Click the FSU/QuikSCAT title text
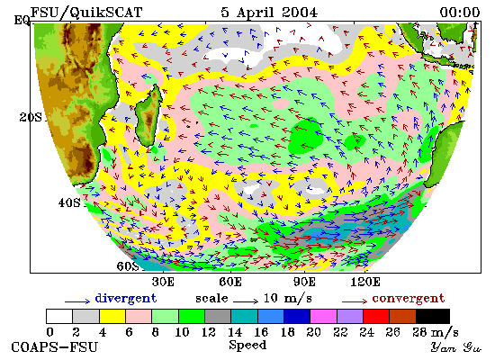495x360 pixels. (86, 13)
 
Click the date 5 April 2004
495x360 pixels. (269, 13)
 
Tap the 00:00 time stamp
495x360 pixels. (460, 13)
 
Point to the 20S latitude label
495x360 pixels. (31, 117)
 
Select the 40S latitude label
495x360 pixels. (69, 202)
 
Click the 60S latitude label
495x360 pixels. (128, 266)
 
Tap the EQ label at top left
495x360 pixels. (22, 21)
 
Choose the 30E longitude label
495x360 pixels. (163, 282)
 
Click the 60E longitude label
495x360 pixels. (230, 282)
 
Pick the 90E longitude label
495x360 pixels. (304, 282)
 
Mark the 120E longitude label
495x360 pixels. (365, 282)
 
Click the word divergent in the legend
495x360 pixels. (126, 299)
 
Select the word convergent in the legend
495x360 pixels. (409, 299)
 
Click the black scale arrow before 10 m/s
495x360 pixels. (246, 301)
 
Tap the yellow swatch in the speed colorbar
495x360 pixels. (112, 316)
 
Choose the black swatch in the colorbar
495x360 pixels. (433, 316)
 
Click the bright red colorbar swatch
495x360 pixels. (376, 316)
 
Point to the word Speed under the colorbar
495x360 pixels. (247, 345)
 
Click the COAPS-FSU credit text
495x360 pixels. (54, 347)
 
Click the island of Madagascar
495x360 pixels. (148, 115)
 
